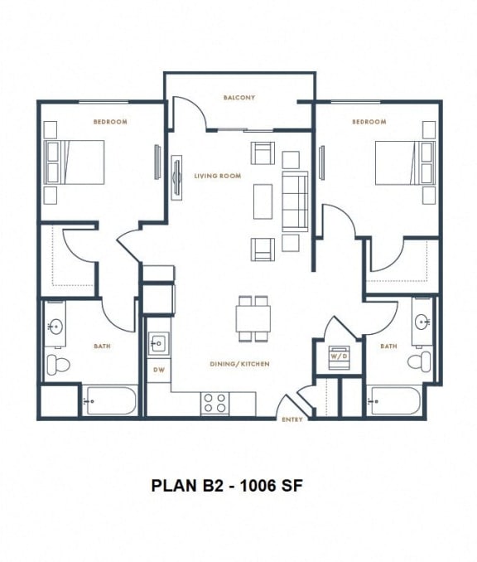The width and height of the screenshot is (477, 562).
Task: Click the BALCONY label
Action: click(x=239, y=98)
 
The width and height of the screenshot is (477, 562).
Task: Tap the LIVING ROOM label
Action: click(x=218, y=176)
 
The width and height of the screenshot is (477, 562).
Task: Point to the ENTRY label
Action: click(x=292, y=419)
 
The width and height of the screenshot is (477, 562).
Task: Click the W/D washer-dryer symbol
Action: click(x=339, y=356)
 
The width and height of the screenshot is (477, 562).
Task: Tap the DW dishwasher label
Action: click(x=157, y=371)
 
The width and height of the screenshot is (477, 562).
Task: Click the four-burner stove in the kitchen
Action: click(x=215, y=403)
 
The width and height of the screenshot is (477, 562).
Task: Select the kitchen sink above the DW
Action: click(x=158, y=343)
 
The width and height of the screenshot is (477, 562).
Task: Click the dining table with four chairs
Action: click(x=253, y=318)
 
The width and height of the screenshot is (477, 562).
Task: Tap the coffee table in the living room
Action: click(x=263, y=201)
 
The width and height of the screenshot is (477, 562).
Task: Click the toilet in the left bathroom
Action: click(x=58, y=363)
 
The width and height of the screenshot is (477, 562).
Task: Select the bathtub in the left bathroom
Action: click(x=108, y=401)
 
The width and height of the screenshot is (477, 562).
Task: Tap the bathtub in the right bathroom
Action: click(x=395, y=401)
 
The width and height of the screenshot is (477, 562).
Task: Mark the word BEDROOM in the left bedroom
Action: click(x=110, y=122)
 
